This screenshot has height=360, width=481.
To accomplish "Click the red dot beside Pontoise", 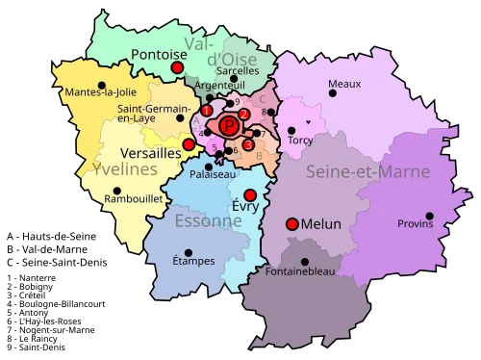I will (177, 68).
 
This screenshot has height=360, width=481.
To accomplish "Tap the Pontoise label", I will (158, 55).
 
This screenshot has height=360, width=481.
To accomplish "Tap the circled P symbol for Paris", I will (229, 125).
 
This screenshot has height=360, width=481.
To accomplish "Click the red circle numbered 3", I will (248, 144).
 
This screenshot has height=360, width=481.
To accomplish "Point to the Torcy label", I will (300, 140).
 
